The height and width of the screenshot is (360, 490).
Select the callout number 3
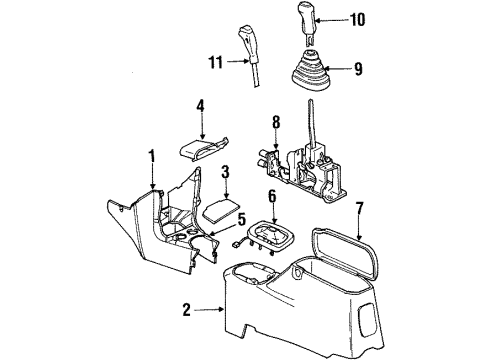(x=226, y=172)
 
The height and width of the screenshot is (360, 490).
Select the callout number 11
(x=214, y=61)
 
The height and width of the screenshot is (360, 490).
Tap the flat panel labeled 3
(x=222, y=209)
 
